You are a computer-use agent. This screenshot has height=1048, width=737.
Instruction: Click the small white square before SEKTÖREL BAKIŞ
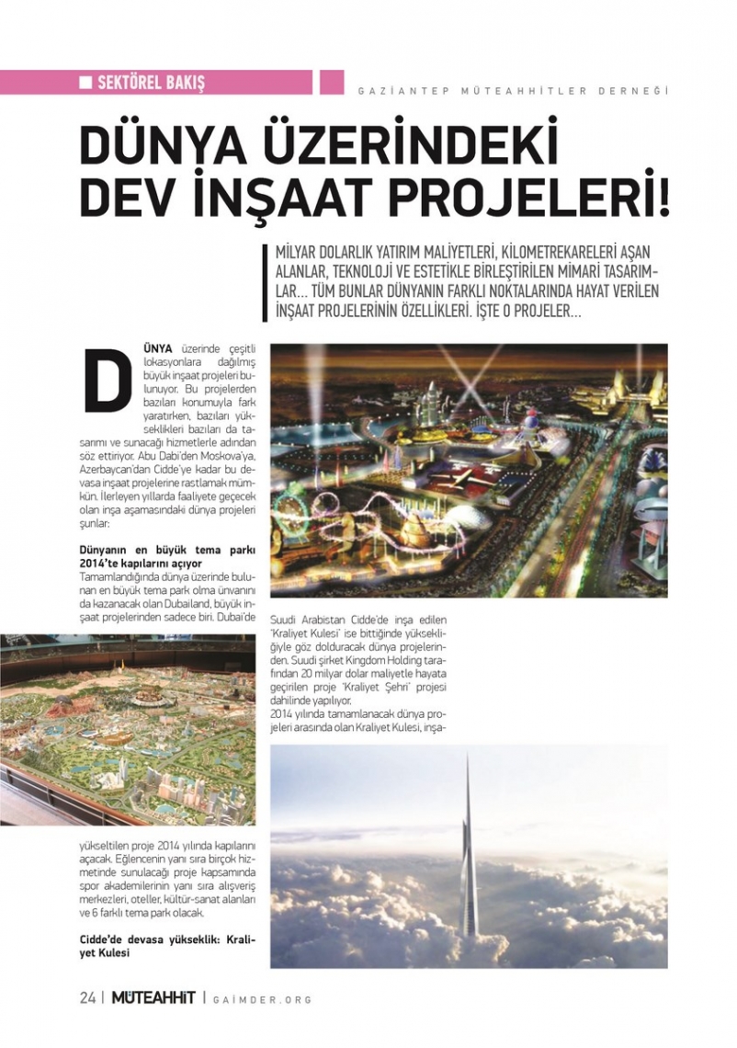coord(85,83)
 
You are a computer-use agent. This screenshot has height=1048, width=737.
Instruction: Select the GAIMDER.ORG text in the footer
coord(262,1000)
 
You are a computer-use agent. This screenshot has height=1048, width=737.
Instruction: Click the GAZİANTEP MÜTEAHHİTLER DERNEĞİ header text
coord(512,90)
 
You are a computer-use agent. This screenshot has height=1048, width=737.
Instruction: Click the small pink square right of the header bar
coord(332,82)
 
